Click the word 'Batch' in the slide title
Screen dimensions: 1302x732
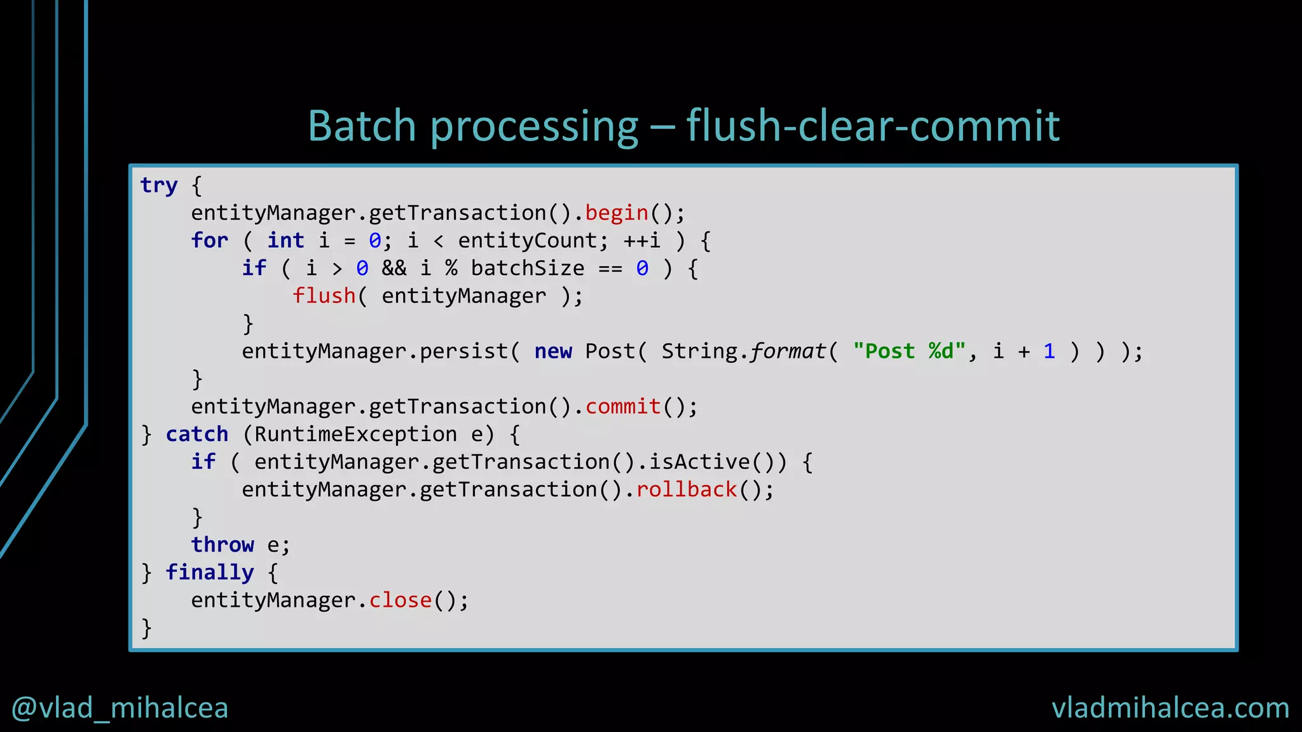pos(362,125)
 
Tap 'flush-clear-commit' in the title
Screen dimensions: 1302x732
pos(873,125)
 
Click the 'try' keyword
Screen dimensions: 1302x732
pos(159,185)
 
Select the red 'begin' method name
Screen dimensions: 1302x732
pos(616,213)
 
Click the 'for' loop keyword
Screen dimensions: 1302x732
pos(209,240)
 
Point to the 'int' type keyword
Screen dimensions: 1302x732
pos(285,240)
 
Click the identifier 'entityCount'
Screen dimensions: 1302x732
pos(527,240)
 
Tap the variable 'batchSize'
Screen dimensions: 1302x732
pos(527,268)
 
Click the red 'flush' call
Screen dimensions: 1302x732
pos(324,296)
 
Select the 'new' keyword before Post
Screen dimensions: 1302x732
pos(552,351)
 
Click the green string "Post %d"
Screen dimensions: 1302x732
pos(908,351)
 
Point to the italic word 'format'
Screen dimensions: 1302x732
pos(788,351)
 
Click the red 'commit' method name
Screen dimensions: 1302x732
pos(622,407)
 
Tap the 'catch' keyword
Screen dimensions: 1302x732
pos(196,435)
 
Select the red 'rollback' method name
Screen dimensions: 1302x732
pos(686,490)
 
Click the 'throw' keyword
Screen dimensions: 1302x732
pos(222,545)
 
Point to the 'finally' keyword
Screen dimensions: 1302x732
pos(209,573)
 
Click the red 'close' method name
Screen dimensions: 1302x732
pos(400,600)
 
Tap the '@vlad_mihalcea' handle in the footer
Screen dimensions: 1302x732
pos(120,708)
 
